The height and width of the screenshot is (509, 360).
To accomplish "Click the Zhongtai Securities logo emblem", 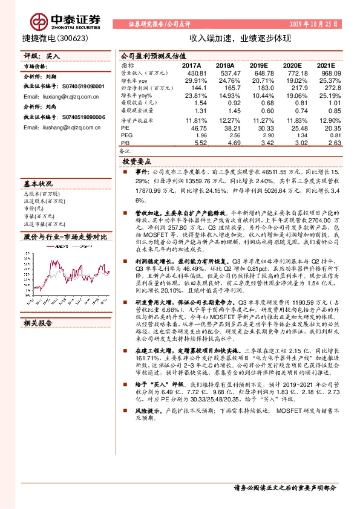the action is click(x=39, y=22).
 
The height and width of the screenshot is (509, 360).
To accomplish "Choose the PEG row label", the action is click(x=127, y=136).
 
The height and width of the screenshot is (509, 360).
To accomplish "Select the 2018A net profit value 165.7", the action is click(x=224, y=87).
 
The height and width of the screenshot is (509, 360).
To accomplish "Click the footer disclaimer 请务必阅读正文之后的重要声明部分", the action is click(x=284, y=488).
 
